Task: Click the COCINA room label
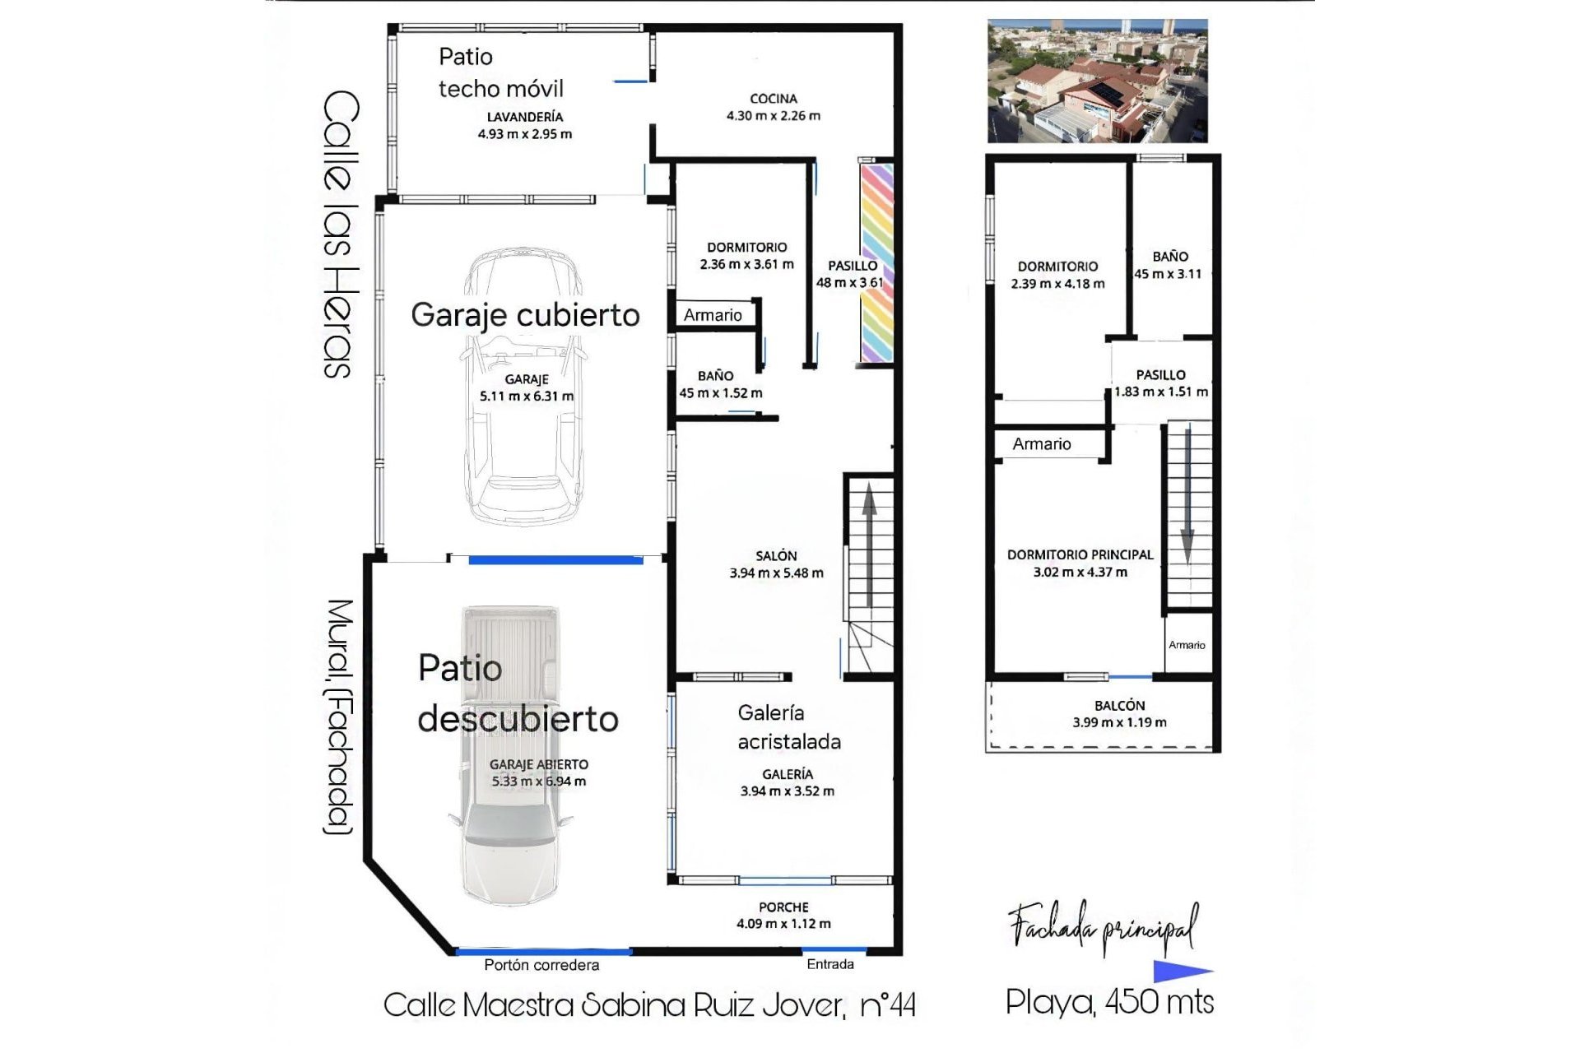[x=773, y=99]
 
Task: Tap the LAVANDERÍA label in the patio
[x=524, y=117]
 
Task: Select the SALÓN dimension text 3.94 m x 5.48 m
[x=776, y=573]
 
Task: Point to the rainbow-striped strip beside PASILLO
[x=876, y=263]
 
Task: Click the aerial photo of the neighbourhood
[x=1097, y=81]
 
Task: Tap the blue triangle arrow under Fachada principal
[x=1181, y=972]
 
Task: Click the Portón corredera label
[x=541, y=965]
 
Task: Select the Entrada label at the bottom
[x=829, y=964]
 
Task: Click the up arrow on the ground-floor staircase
[x=869, y=543]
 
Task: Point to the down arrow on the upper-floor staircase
[x=1187, y=502]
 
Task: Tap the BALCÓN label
[x=1119, y=706]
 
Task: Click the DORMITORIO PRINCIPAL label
[x=1080, y=555]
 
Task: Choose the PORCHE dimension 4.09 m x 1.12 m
[x=783, y=924]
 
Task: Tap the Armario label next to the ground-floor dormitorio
[x=713, y=315]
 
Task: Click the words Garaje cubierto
[x=525, y=315]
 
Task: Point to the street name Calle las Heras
[x=340, y=234]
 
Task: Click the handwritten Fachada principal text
[x=1103, y=927]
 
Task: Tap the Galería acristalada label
[x=788, y=727]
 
